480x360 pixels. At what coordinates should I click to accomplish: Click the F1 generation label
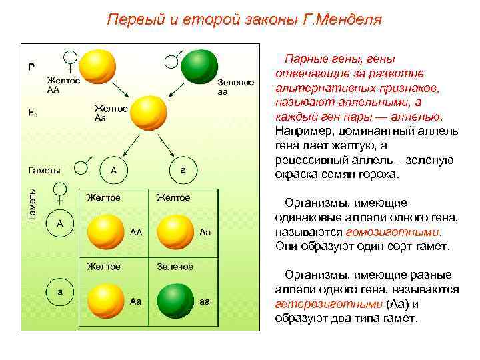click(33, 113)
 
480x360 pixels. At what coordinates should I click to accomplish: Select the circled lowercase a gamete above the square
click(183, 171)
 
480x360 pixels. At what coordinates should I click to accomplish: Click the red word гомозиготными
click(393, 232)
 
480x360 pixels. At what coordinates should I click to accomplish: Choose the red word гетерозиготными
click(328, 303)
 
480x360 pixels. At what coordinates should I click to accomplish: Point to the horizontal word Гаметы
click(44, 171)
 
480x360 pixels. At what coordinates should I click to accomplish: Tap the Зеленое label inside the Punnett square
click(175, 267)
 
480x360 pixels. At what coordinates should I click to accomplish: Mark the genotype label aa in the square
click(205, 301)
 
